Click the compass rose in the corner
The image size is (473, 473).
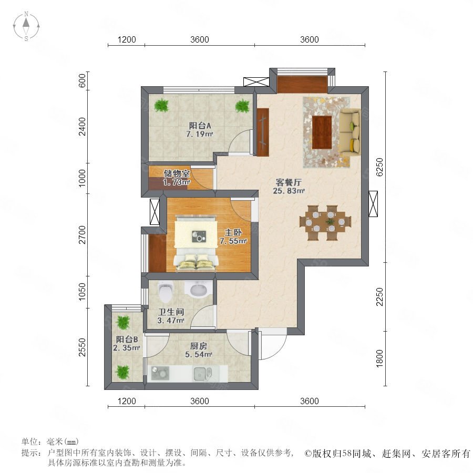26,26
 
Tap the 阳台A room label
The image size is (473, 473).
200,125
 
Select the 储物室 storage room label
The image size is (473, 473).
177,173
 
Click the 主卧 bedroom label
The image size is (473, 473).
233,233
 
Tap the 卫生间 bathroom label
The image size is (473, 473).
171,312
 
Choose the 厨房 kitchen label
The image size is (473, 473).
199,346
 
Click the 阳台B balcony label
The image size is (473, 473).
127,340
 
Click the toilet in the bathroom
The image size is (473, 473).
165,291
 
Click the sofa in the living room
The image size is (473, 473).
350,132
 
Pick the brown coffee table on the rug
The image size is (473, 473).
322,132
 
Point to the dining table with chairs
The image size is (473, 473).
325,223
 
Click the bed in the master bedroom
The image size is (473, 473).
196,242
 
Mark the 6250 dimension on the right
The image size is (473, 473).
379,167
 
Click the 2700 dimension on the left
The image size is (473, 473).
82,235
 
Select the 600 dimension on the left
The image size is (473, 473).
82,80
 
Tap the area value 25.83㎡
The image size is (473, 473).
289,191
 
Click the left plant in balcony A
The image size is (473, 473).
162,105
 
